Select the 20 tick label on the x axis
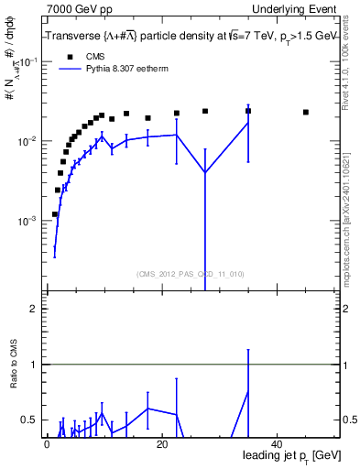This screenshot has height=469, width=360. (x=161, y=444)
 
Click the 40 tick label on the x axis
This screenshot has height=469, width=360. (x=277, y=444)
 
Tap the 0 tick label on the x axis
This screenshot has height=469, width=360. (x=47, y=444)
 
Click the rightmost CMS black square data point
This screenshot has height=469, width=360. (x=306, y=112)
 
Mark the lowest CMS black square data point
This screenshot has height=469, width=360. (x=55, y=214)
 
